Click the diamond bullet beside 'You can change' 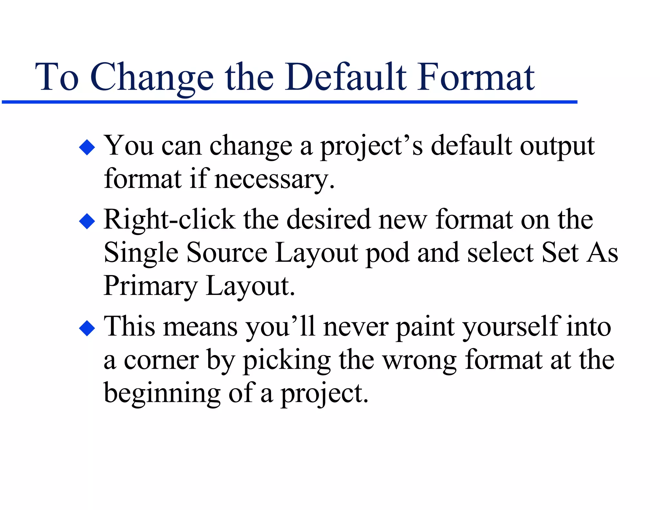pyautogui.click(x=87, y=147)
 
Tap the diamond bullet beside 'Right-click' pyautogui.click(x=87, y=221)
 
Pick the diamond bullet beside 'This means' pyautogui.click(x=87, y=328)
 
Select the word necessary pyautogui.click(x=274, y=180)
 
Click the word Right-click pyautogui.click(x=170, y=220)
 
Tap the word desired pyautogui.click(x=328, y=220)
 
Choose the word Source pyautogui.click(x=227, y=253)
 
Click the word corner pyautogui.click(x=161, y=360)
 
